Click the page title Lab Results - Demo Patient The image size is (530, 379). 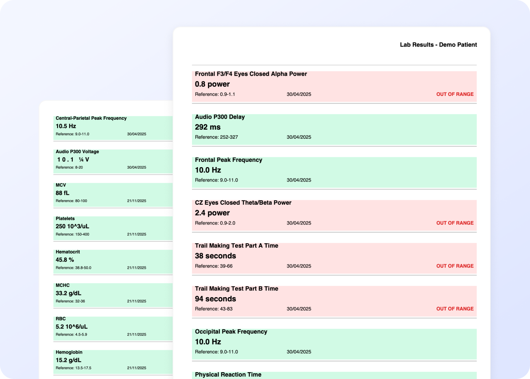(438, 45)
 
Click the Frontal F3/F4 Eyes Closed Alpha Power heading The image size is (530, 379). (251, 74)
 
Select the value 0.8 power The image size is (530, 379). (212, 84)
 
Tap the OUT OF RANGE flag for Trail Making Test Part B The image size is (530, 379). (455, 309)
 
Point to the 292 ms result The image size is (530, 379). (208, 127)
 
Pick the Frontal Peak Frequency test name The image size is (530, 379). (229, 160)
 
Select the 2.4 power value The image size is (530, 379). (212, 213)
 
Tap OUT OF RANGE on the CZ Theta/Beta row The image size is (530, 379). (455, 223)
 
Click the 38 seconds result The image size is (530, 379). (215, 256)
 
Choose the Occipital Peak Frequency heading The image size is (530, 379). (231, 332)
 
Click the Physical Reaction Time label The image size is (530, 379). (228, 374)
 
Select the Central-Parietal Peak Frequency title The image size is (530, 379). (91, 118)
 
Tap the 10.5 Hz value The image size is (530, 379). (66, 126)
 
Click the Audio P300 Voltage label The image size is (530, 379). (77, 152)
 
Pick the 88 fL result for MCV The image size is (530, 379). (62, 193)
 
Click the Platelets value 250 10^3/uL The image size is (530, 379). (72, 227)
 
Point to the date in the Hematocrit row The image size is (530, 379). (137, 268)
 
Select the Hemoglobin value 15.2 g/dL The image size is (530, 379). (69, 360)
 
